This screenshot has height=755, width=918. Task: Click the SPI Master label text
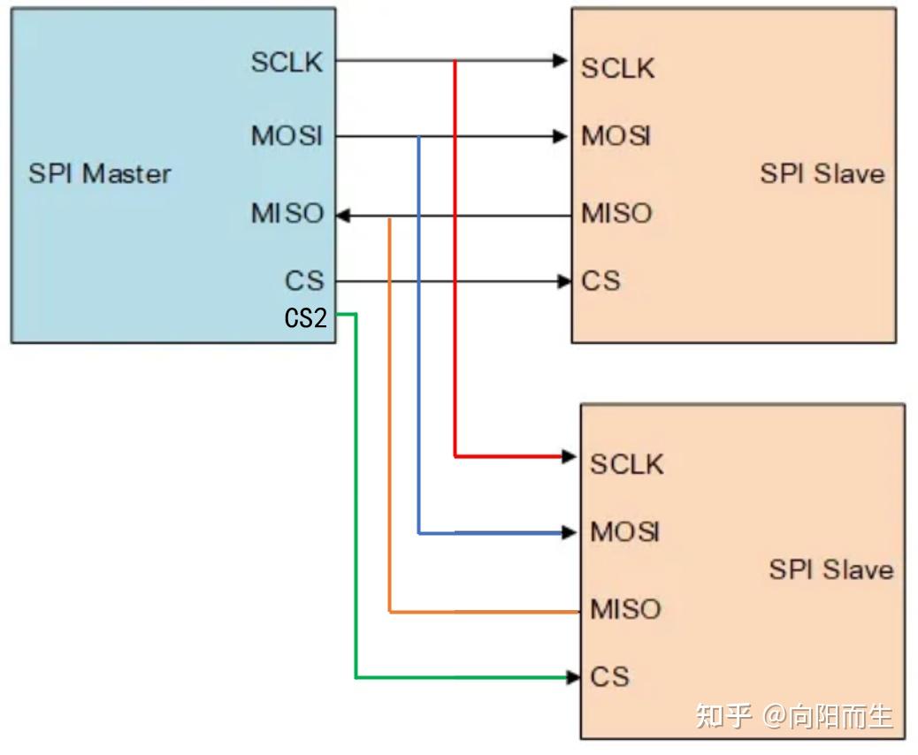pyautogui.click(x=99, y=173)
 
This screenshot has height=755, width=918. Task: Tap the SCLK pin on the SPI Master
pyautogui.click(x=287, y=62)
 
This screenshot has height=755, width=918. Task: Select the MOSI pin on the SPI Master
pyautogui.click(x=287, y=136)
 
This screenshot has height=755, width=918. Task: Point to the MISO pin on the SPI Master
pyautogui.click(x=287, y=214)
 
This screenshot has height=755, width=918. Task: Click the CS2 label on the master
pyautogui.click(x=305, y=317)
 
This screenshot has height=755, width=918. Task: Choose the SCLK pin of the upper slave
pyautogui.click(x=617, y=68)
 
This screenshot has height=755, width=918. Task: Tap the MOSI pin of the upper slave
pyautogui.click(x=616, y=136)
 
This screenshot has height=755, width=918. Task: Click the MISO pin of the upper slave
pyautogui.click(x=616, y=213)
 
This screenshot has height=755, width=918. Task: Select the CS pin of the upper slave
pyautogui.click(x=601, y=281)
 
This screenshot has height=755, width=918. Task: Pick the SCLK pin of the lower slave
pyautogui.click(x=626, y=463)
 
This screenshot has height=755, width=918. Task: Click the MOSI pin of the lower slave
pyautogui.click(x=625, y=531)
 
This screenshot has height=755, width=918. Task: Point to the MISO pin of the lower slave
pyautogui.click(x=625, y=609)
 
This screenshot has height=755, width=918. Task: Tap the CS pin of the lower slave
pyautogui.click(x=609, y=677)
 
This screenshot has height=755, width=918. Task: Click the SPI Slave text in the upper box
pyautogui.click(x=822, y=173)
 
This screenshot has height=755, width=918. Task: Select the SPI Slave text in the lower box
pyautogui.click(x=830, y=569)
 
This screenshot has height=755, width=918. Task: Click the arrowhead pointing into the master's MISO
pyautogui.click(x=344, y=215)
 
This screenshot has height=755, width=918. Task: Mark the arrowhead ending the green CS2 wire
pyautogui.click(x=573, y=678)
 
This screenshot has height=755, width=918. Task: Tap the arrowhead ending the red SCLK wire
pyautogui.click(x=570, y=456)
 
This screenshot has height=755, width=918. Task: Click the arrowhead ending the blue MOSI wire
pyautogui.click(x=570, y=533)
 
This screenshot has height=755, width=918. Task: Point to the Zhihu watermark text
pyautogui.click(x=793, y=715)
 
